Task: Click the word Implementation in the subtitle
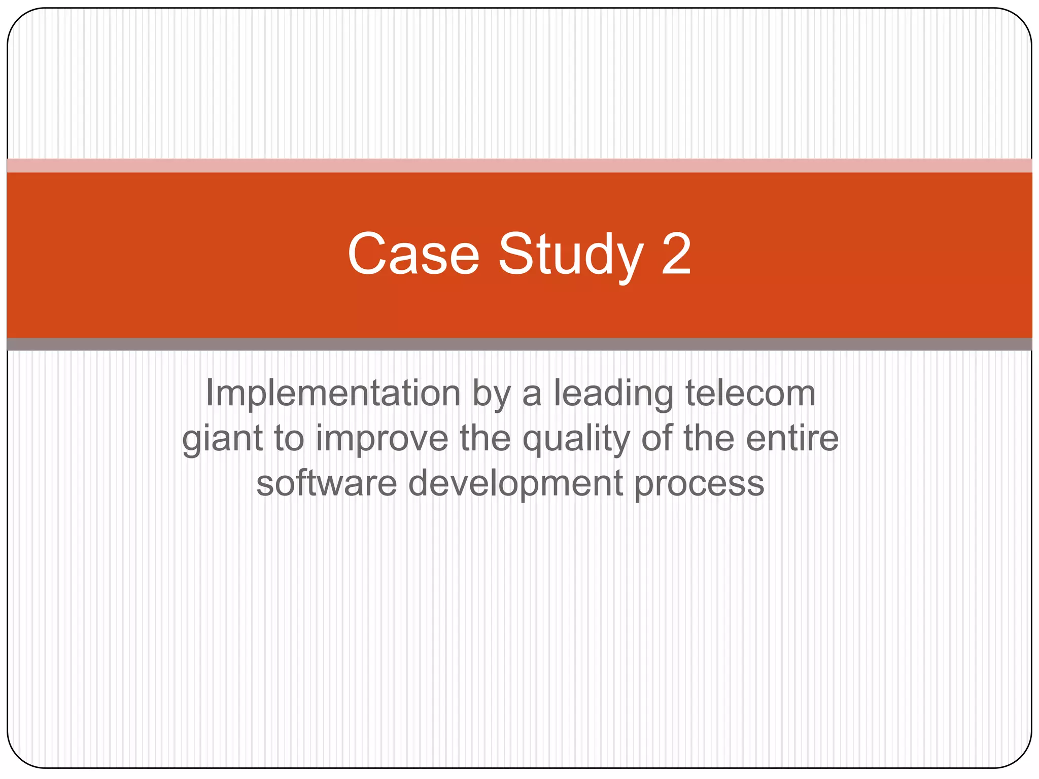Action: [x=333, y=394]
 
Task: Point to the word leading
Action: [x=613, y=394]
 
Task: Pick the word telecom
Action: [x=750, y=394]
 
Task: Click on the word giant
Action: [x=222, y=438]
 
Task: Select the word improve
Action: [x=382, y=438]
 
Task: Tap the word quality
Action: [x=576, y=438]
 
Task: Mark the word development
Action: [x=515, y=483]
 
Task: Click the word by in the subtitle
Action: [x=491, y=394]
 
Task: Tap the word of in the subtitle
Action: [x=656, y=438]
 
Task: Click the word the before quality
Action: [x=485, y=438]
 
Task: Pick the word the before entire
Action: [x=709, y=438]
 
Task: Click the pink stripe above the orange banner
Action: [x=519, y=165]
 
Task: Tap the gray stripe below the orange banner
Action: [x=519, y=344]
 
